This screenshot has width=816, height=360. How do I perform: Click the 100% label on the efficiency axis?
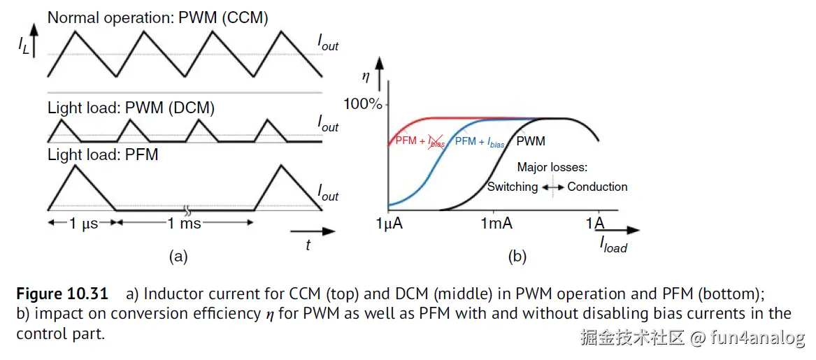(x=363, y=105)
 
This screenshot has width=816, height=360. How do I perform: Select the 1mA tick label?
(x=496, y=224)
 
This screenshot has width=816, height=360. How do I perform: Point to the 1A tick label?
(x=596, y=224)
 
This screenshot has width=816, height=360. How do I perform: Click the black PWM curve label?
(x=531, y=142)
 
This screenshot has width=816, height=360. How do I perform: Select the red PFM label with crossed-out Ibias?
(x=420, y=142)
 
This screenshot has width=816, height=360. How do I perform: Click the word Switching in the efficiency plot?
(x=513, y=187)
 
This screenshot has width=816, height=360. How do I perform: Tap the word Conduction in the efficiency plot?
(x=597, y=187)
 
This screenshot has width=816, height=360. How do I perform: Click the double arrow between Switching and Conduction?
(x=553, y=187)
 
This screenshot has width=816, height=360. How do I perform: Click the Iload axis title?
(x=613, y=245)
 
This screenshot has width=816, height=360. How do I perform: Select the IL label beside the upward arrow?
(x=24, y=46)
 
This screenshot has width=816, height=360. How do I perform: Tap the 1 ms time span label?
(x=185, y=223)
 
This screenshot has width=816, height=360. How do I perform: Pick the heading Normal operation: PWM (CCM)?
(x=157, y=18)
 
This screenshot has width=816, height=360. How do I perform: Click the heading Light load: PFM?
(x=103, y=154)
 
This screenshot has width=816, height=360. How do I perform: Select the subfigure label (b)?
(x=517, y=257)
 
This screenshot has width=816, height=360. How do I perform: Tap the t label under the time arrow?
(x=308, y=245)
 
